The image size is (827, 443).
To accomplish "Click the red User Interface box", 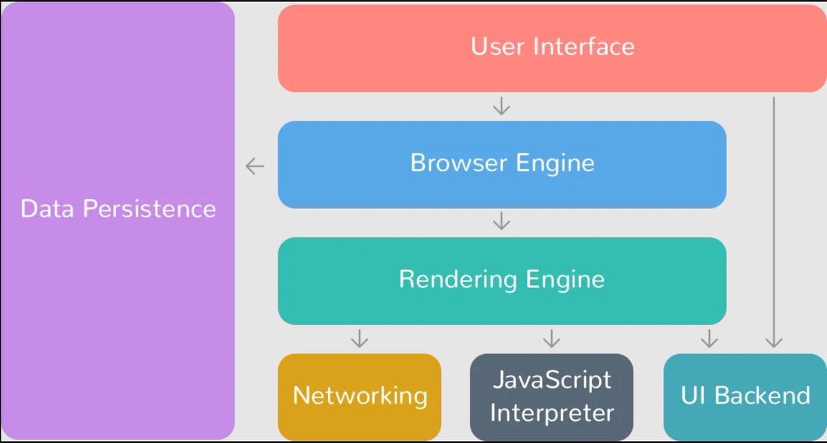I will tap(551, 48).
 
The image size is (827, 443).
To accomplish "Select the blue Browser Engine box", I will tap(502, 164).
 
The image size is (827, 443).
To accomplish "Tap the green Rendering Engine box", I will tap(502, 280).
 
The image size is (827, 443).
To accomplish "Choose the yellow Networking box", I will tap(359, 396).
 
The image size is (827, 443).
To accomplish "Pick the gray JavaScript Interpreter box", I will tap(551, 396).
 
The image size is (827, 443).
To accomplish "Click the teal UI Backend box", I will tap(745, 396).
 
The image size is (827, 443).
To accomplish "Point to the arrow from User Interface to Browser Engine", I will tap(502, 106).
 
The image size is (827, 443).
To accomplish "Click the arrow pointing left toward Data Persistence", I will tap(255, 166).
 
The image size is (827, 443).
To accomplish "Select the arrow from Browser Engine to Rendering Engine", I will tap(502, 221).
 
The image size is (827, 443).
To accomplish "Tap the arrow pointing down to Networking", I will tap(359, 338).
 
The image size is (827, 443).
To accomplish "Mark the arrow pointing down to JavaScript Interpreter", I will tap(551, 338).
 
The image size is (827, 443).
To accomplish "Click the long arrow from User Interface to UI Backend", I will tap(775, 221).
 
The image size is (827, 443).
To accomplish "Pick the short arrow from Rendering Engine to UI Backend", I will tap(708, 338).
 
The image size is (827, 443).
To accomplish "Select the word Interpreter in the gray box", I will tap(551, 412).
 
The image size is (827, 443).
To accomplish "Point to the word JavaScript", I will tap(551, 380).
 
